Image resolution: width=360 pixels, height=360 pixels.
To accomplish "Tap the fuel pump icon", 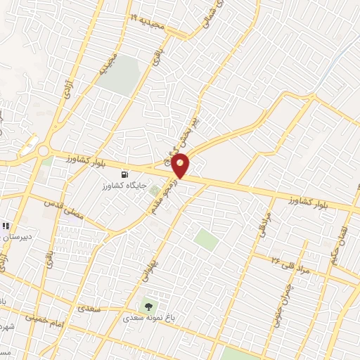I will pos(124,174).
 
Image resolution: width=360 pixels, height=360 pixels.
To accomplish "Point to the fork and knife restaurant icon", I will pos(6,226).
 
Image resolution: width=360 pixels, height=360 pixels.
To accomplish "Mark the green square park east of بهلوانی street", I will pos(205,238).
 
